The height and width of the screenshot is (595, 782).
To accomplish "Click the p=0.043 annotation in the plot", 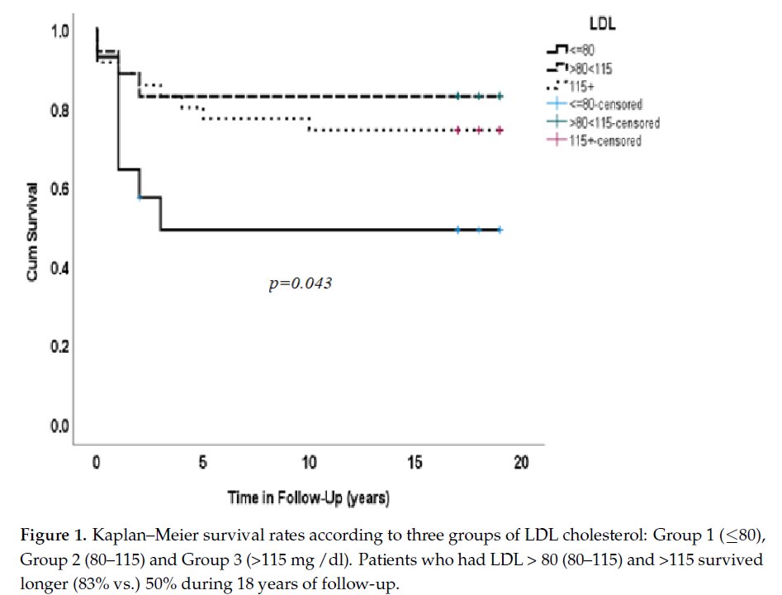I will click(301, 283).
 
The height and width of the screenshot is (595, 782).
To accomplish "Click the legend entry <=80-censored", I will click(608, 104).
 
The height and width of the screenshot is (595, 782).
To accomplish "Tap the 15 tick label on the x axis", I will click(415, 464).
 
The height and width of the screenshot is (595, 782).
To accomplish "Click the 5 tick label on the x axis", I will click(202, 464).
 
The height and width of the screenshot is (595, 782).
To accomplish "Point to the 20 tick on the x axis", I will click(521, 464).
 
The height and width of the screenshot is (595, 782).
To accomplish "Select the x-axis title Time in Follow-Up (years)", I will click(308, 498).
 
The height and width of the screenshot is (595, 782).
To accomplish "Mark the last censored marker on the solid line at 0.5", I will click(500, 230).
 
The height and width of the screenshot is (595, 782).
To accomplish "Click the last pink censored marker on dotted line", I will click(500, 131).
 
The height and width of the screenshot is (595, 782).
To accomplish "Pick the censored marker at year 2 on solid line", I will click(140, 197).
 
